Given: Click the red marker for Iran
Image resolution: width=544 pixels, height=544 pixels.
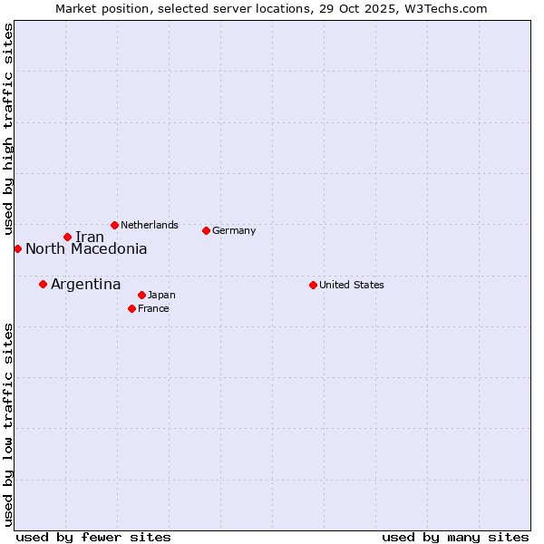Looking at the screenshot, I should (x=67, y=237).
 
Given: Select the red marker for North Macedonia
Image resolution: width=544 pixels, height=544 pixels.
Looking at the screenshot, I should (x=17, y=248).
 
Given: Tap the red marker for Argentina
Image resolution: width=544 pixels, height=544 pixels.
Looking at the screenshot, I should (x=43, y=284).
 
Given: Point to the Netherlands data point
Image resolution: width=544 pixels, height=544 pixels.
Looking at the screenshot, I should (x=114, y=225).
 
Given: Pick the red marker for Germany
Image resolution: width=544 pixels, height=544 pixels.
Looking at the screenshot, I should (x=206, y=230).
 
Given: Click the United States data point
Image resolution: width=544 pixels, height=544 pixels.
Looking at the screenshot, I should (x=313, y=285).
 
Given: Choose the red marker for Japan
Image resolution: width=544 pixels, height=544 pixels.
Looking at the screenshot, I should (x=141, y=295).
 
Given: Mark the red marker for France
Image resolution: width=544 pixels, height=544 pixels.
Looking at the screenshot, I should (x=131, y=308).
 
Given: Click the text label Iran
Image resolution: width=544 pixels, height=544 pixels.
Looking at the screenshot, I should (x=90, y=238).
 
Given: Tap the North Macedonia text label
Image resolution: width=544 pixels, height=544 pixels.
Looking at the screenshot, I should (x=86, y=249).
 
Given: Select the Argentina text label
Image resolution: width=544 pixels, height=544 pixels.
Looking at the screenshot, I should (x=85, y=285).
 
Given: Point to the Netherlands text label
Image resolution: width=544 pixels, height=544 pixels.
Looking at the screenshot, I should (x=150, y=225).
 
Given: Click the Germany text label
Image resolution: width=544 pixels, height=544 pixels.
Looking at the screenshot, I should (x=234, y=230).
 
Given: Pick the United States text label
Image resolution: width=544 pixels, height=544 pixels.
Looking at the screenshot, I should (x=352, y=285).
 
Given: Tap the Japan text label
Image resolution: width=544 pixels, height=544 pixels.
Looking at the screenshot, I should (x=161, y=295).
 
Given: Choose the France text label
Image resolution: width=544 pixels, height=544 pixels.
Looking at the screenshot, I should (x=153, y=308).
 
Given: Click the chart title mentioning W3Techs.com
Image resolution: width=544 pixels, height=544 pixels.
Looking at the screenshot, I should (x=271, y=8).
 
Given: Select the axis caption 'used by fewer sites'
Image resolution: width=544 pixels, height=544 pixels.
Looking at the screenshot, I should (x=93, y=537).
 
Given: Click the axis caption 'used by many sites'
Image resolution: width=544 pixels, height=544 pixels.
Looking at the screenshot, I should (x=455, y=537).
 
